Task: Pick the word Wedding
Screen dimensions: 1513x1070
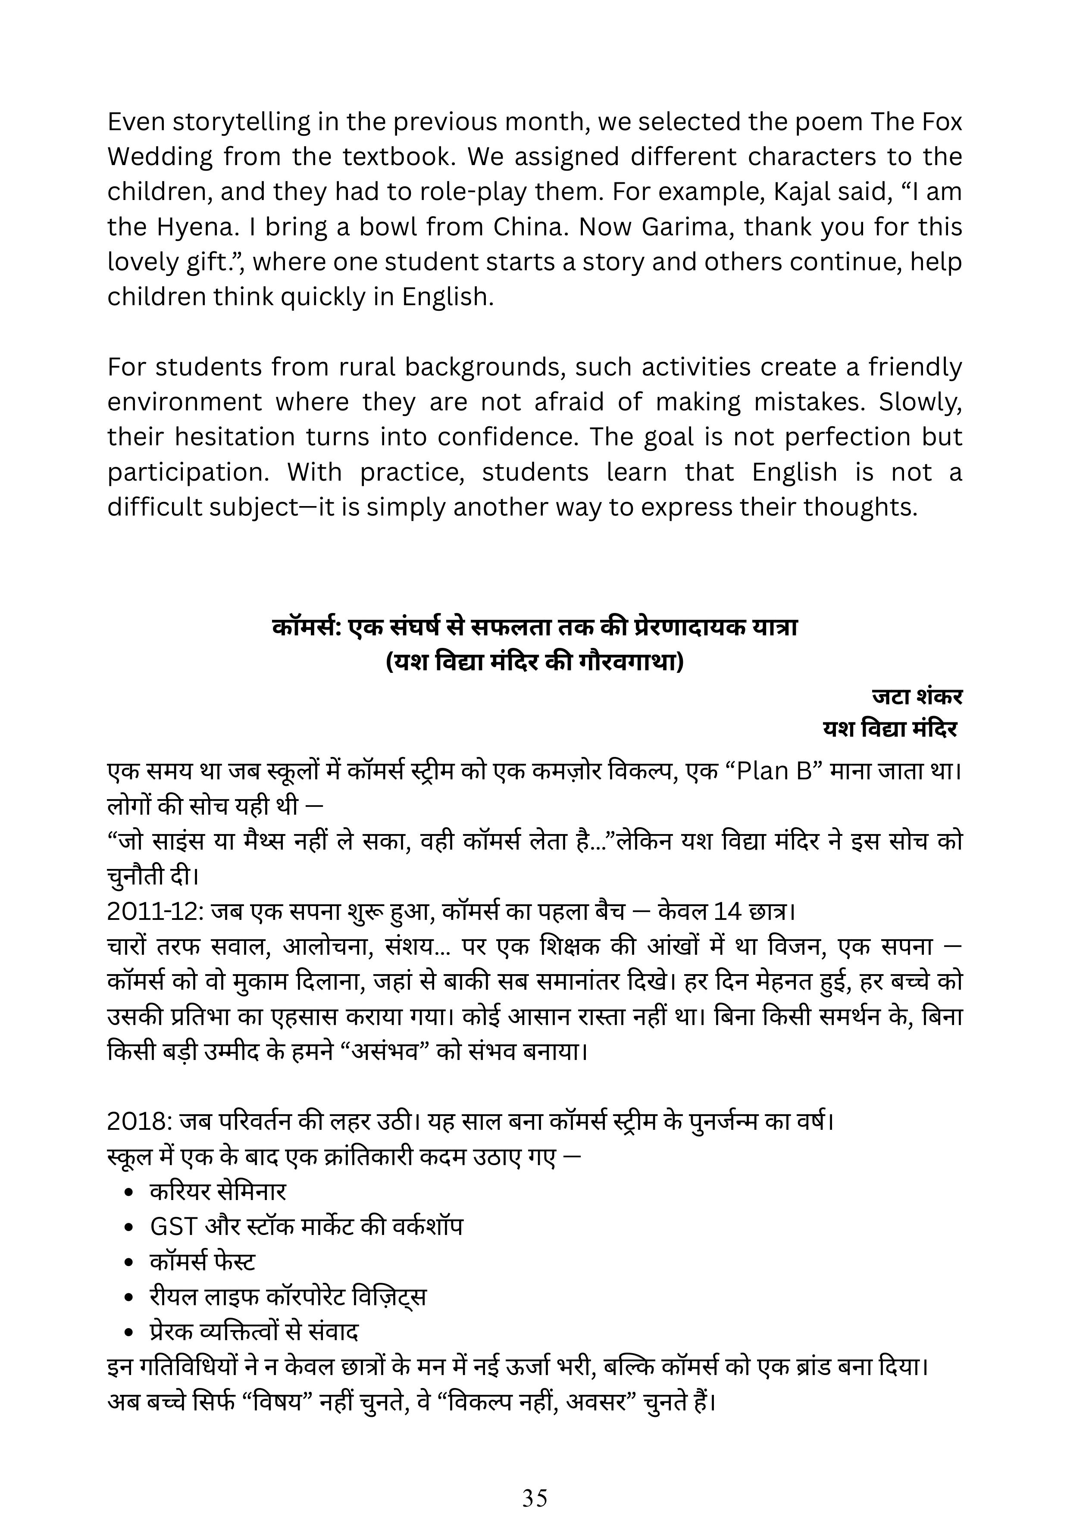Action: tap(160, 157)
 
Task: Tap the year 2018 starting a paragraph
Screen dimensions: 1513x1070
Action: tap(138, 1121)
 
